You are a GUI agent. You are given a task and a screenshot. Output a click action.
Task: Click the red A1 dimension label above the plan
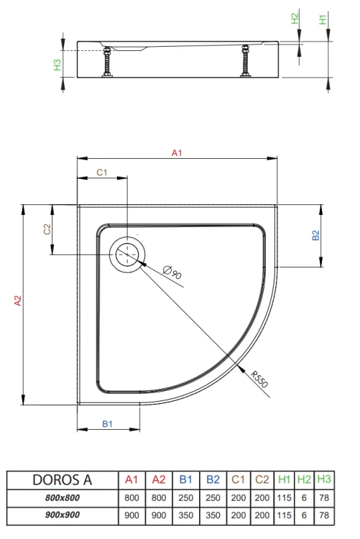[x=177, y=153]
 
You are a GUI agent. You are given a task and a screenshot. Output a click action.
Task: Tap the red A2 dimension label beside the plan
[x=17, y=301]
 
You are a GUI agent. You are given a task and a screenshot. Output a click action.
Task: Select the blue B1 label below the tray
[x=107, y=424]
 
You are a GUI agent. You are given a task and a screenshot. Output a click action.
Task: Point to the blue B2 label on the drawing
[x=315, y=236]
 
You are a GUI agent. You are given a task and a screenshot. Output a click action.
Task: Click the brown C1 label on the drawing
[x=102, y=172]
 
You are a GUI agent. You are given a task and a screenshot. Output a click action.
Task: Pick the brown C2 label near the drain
[x=47, y=229]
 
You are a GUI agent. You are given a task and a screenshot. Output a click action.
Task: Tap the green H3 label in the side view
[x=57, y=65]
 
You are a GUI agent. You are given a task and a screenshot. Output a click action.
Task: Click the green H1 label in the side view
[x=323, y=19]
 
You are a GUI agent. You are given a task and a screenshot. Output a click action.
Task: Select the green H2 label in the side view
[x=295, y=19]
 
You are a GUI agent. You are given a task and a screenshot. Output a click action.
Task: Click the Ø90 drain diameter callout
[x=172, y=272]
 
